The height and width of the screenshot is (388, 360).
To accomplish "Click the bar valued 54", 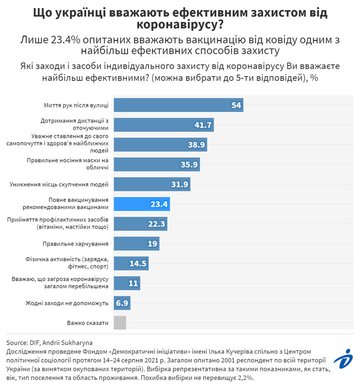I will (x=178, y=105).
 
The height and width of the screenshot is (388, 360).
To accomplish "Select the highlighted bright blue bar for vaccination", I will (x=142, y=204).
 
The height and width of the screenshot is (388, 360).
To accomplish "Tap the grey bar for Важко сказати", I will (x=120, y=323).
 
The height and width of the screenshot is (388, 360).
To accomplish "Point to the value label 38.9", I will (x=195, y=144).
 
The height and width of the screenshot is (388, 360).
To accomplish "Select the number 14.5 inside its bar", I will (x=139, y=264).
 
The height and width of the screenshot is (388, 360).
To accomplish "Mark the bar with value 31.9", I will (x=152, y=184).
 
